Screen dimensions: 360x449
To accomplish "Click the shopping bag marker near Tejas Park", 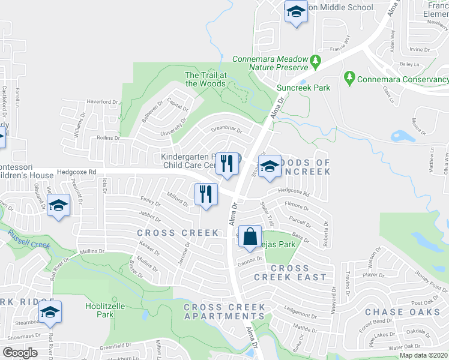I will [x=250, y=235].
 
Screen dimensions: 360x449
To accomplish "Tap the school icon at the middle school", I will [x=295, y=13].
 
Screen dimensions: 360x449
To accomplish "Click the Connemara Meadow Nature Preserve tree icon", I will [x=315, y=61].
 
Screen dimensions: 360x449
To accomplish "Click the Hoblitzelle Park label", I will [x=105, y=310].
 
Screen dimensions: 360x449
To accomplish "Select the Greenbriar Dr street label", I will [x=226, y=129].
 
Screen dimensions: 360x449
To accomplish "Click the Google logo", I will [x=20, y=353].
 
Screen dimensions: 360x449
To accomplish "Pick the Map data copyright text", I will [x=423, y=355].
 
